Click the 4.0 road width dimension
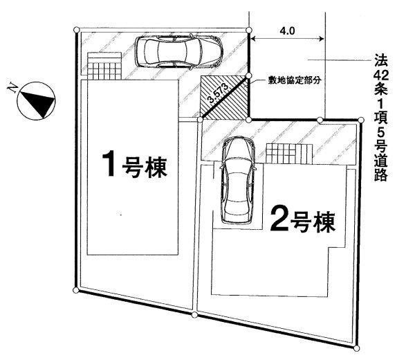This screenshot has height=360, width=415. (x=288, y=31)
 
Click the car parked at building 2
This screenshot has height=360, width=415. (x=237, y=180)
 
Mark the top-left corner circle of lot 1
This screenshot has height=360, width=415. (x=76, y=28)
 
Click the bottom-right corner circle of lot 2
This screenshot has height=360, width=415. (x=358, y=344)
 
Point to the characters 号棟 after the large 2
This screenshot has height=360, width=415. (x=315, y=222)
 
